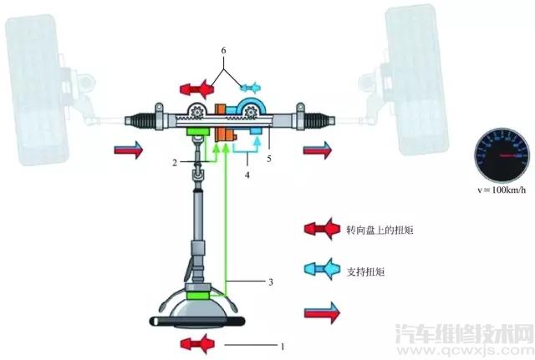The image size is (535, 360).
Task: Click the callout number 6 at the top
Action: (x=223, y=50)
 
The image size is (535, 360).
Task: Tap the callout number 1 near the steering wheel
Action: (x=283, y=347)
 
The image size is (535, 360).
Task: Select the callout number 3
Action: (x=271, y=282)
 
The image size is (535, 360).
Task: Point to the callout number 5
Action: (x=269, y=159)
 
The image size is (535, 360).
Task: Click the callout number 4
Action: (x=247, y=175)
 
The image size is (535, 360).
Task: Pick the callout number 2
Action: (x=175, y=163)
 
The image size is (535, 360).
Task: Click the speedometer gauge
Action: (x=502, y=156)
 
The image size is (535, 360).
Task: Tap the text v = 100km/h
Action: (x=502, y=190)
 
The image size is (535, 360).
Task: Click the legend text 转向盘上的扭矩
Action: (x=380, y=231)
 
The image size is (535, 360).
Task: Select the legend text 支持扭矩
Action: (x=366, y=271)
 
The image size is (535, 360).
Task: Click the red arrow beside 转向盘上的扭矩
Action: (x=322, y=228)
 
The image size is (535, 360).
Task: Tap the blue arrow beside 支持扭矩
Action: (x=322, y=269)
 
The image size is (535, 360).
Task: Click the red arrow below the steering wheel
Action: (x=198, y=344)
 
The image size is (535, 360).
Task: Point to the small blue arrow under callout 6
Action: (x=251, y=88)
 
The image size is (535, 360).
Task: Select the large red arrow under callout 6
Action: (x=197, y=89)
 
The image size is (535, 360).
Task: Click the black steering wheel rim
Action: (x=197, y=321)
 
